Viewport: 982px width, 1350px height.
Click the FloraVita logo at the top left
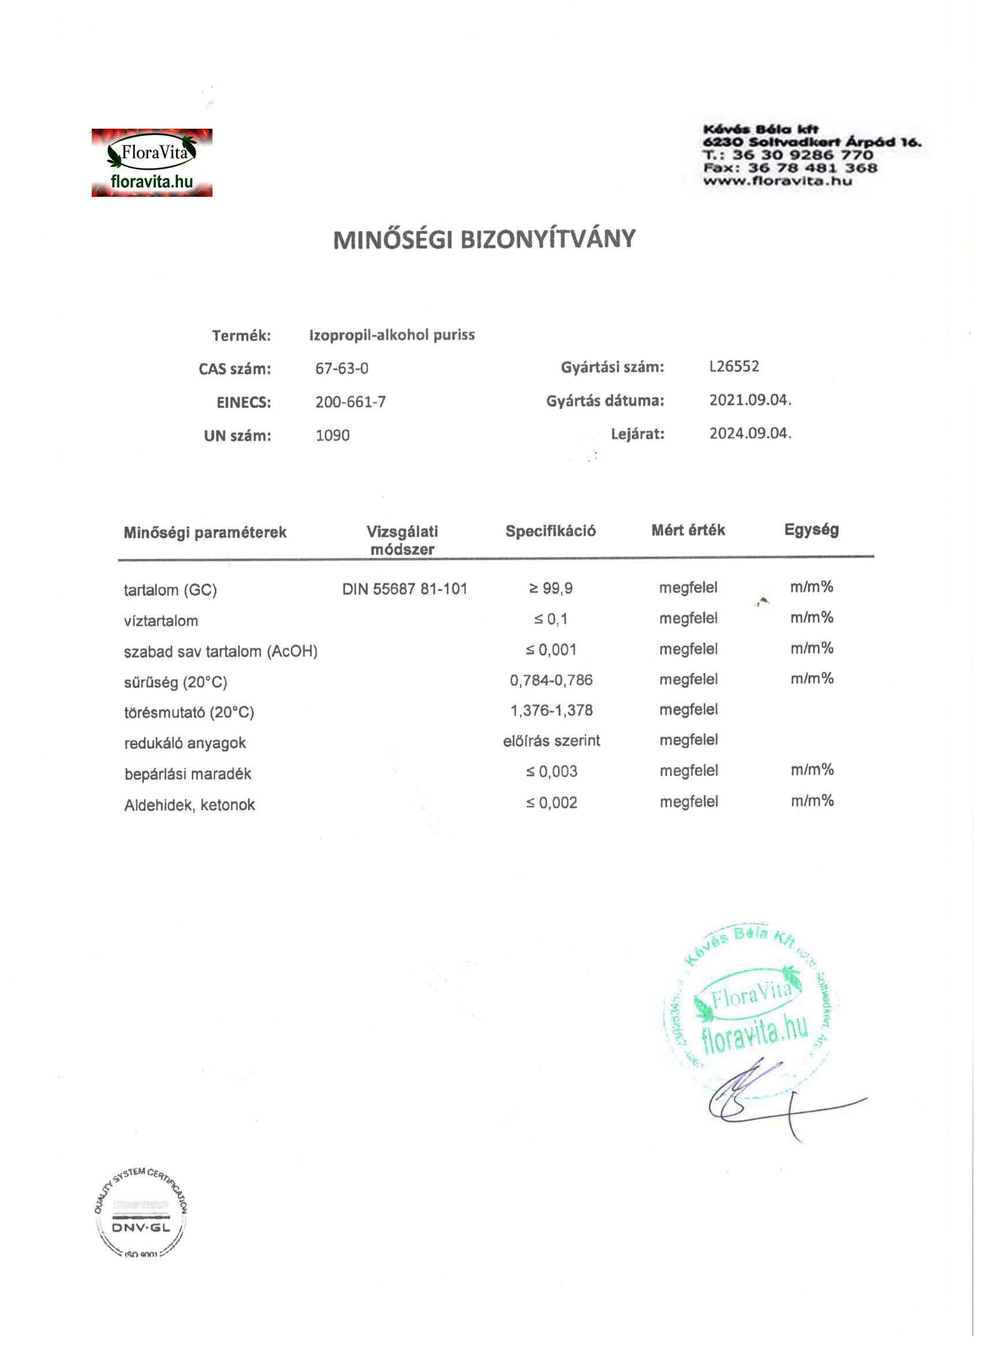coord(152,162)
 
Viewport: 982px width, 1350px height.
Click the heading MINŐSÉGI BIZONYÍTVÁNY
coord(484,239)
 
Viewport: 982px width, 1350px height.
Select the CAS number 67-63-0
coord(342,368)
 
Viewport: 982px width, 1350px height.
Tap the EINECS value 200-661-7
coord(350,402)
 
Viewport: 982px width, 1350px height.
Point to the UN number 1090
coord(332,435)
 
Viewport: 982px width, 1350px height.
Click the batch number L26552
coord(734,366)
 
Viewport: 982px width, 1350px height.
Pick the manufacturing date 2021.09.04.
coord(750,400)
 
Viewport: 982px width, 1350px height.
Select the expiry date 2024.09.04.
coord(750,432)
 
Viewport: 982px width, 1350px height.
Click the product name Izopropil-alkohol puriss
coord(392,334)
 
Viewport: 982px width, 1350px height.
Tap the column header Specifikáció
coord(550,531)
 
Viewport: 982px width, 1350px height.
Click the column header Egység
coord(811,529)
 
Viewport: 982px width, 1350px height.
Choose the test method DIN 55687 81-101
coord(404,589)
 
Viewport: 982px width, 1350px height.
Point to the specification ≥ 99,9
coord(551,588)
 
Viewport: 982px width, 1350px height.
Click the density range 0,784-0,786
coord(551,680)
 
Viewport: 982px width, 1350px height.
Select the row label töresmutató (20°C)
coord(189,712)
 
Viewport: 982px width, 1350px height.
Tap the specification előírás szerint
coord(551,740)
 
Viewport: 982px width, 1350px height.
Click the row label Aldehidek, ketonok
coord(189,805)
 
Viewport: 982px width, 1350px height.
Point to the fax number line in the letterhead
coord(790,168)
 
